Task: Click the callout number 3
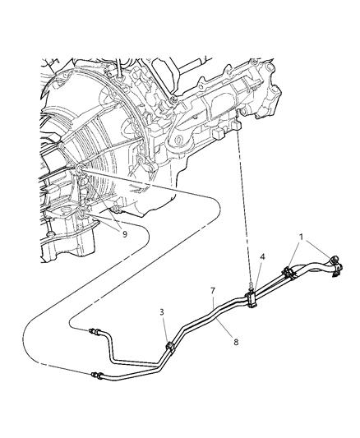(x=162, y=313)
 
